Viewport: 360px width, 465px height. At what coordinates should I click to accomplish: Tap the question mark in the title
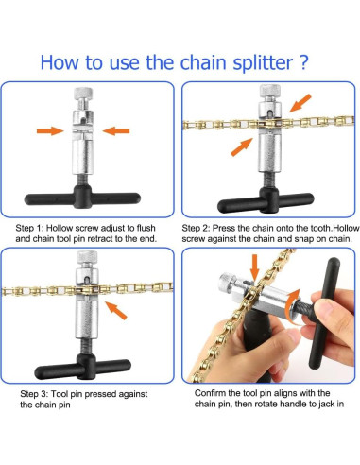tap(303, 61)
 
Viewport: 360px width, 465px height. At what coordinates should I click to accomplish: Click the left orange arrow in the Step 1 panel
tap(50, 130)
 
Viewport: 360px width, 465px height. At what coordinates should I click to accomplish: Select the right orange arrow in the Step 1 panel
tap(116, 130)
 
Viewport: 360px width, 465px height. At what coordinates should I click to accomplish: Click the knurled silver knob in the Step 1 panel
tap(83, 94)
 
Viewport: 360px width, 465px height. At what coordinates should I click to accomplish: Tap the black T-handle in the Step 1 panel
tap(82, 198)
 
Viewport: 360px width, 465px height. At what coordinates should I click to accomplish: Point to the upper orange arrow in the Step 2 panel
tap(300, 103)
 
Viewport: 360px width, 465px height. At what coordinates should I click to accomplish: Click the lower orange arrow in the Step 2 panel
tap(242, 147)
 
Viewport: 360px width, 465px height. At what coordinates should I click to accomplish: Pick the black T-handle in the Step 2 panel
tap(266, 200)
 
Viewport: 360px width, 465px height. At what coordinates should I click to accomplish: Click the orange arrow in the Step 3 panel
tap(115, 311)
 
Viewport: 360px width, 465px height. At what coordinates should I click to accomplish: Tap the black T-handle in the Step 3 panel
tap(83, 367)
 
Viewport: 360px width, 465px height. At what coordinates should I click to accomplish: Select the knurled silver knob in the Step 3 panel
tap(87, 257)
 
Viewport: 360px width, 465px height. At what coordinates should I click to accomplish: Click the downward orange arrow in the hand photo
tap(255, 267)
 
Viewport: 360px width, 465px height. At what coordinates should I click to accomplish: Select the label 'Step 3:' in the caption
tap(34, 394)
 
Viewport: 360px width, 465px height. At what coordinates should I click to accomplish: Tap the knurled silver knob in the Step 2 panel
tap(270, 91)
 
